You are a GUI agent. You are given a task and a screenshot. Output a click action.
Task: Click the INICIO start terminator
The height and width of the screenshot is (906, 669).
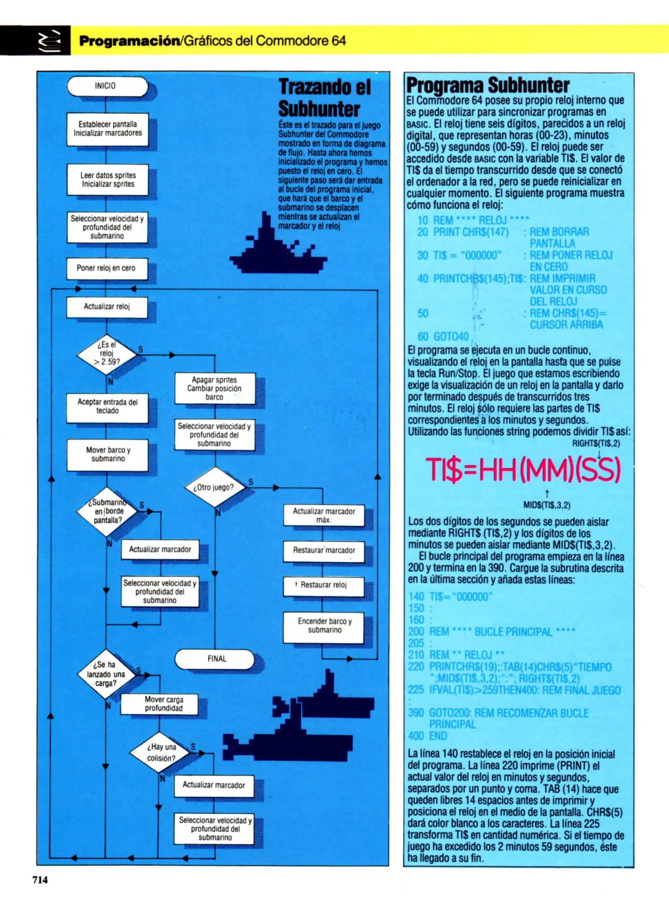(x=107, y=86)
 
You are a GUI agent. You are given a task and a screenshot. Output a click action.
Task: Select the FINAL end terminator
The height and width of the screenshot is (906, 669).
(x=215, y=659)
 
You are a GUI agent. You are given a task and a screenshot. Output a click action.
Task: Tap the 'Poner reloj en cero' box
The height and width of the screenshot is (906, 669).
(x=107, y=268)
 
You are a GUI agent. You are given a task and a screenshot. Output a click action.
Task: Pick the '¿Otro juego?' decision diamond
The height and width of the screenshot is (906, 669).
(x=214, y=487)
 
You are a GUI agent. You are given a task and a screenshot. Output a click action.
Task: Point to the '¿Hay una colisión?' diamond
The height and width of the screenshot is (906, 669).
(x=161, y=753)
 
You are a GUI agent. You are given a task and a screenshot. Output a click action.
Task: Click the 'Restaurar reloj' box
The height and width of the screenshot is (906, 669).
(x=323, y=586)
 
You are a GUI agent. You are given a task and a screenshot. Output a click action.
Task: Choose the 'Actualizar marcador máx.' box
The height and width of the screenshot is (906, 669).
(x=323, y=515)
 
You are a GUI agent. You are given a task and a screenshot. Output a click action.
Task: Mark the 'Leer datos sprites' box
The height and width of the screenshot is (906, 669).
(x=107, y=180)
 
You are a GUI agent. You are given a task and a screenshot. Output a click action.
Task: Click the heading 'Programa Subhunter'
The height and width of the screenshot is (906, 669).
(x=488, y=86)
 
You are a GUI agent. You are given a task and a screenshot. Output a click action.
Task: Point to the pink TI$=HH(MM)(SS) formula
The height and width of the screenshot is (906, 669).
(x=523, y=469)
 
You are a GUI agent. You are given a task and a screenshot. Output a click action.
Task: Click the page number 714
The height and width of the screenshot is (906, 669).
(x=40, y=880)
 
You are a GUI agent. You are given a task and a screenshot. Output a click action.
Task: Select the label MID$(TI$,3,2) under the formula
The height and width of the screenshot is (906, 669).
(x=547, y=505)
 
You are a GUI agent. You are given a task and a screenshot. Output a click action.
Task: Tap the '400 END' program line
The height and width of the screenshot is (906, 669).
(x=427, y=736)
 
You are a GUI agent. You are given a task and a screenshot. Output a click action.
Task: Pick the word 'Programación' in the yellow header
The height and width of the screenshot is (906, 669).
(x=129, y=41)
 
